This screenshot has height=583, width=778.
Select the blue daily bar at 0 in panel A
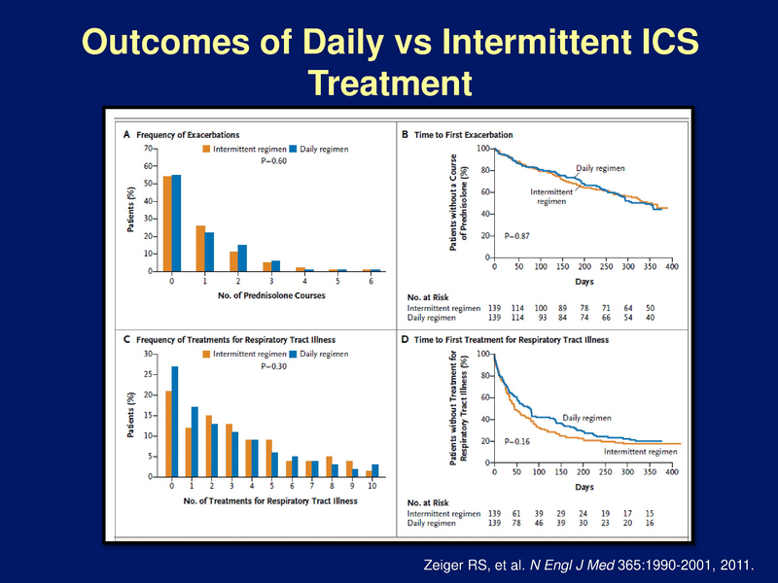(176, 223)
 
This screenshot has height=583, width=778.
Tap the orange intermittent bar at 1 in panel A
(198, 249)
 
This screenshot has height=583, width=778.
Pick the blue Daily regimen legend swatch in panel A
(293, 150)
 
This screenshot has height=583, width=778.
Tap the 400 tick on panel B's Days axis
(672, 266)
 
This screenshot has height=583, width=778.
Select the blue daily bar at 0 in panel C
(175, 422)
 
